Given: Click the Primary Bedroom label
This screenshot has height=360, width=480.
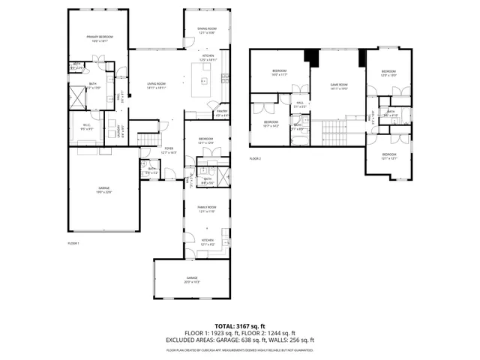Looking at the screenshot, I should [100, 37].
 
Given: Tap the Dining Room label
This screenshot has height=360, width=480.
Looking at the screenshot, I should [206, 30].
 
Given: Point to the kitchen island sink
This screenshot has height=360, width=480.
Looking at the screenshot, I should [202, 77].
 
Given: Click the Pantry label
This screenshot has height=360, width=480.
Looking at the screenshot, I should [222, 113].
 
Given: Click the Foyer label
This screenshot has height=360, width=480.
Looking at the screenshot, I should [169, 150].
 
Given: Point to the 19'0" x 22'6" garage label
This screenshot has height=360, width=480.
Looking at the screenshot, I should [104, 190].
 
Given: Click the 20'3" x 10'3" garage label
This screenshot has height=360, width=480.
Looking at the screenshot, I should [192, 279].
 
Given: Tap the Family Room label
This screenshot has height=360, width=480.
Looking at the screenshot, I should [207, 209].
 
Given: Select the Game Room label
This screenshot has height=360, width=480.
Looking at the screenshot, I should [340, 86].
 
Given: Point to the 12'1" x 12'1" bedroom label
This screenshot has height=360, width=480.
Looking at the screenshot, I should [388, 157].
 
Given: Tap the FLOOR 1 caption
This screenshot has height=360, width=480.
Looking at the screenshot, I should [73, 243].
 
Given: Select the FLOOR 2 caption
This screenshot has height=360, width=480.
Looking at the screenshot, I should [256, 158].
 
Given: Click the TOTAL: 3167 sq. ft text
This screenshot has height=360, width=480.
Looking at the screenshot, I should [240, 325].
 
